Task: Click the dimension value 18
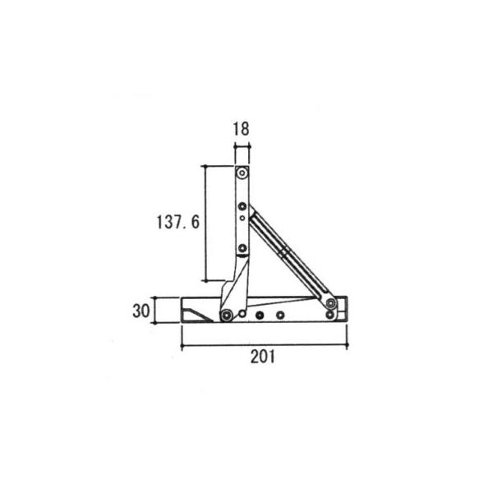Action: point(242,128)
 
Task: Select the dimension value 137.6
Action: point(177,220)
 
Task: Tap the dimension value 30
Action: point(140,311)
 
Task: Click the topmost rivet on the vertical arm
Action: point(242,173)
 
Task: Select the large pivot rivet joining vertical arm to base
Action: point(226,315)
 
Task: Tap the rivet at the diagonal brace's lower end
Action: point(330,304)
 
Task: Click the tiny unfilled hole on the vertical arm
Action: point(242,218)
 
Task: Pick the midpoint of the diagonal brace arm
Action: point(288,255)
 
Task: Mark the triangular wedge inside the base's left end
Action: point(196,313)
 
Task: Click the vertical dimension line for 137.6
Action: point(205,222)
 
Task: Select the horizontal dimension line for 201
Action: point(264,345)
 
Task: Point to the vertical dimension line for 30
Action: point(156,311)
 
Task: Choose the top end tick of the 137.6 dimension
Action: point(205,165)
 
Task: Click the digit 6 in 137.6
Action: point(196,220)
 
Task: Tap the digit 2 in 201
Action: point(255,357)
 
